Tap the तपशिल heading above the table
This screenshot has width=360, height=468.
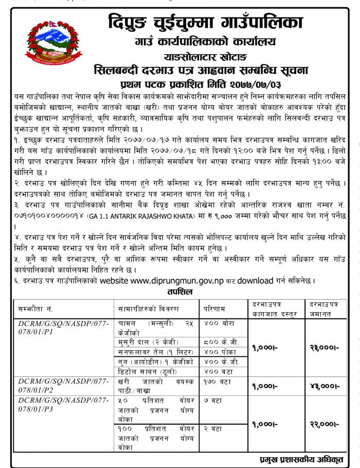coord(179,292)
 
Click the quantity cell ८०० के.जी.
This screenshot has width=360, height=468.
coord(215,343)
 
